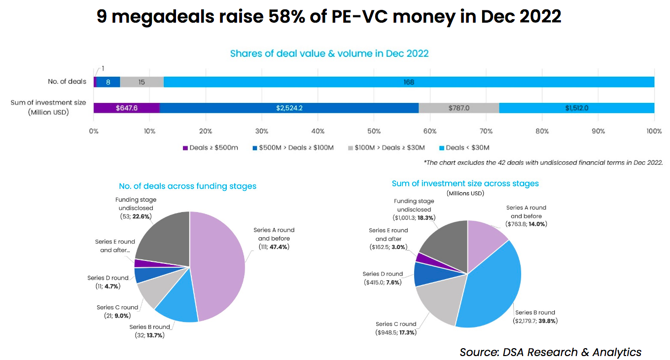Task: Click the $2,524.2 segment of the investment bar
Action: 289,108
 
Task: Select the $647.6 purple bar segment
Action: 126,108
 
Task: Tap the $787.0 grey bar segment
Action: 458,108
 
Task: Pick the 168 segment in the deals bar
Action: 409,82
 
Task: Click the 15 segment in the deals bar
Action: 141,82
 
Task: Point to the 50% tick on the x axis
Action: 374,131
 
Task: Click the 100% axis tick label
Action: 654,131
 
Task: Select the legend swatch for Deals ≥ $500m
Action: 185,148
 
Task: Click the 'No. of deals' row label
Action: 67,81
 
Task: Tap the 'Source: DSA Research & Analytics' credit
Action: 550,352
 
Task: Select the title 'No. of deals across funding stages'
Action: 187,186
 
